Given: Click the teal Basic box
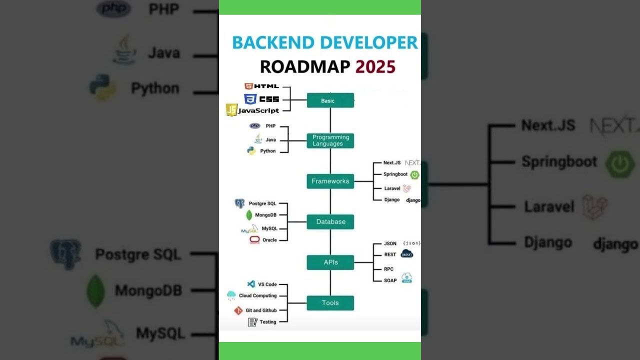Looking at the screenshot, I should [x=330, y=100].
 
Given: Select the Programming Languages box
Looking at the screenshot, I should [x=330, y=140].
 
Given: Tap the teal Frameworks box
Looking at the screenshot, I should [x=330, y=181].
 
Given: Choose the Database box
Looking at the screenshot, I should [x=330, y=221].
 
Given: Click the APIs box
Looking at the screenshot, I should [x=330, y=262].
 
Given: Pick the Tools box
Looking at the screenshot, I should [x=330, y=302].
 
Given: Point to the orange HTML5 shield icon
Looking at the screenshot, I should [x=248, y=86].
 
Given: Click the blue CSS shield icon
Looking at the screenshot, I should [x=250, y=99].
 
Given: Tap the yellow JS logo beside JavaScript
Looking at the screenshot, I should [x=231, y=110].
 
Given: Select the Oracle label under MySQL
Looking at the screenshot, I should [x=269, y=240].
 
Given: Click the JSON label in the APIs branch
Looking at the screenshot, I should [x=390, y=243].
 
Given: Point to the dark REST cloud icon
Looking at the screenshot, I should [x=407, y=254].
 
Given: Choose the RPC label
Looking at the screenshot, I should [x=388, y=269].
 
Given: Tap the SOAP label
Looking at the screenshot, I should [x=390, y=280].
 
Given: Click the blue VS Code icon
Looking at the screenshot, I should [x=251, y=284].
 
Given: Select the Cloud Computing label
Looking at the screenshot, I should [x=257, y=295].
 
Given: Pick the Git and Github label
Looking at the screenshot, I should [x=261, y=310].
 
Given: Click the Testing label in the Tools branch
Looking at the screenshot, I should [x=267, y=322].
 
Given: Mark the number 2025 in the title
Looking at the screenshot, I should [x=375, y=66].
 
